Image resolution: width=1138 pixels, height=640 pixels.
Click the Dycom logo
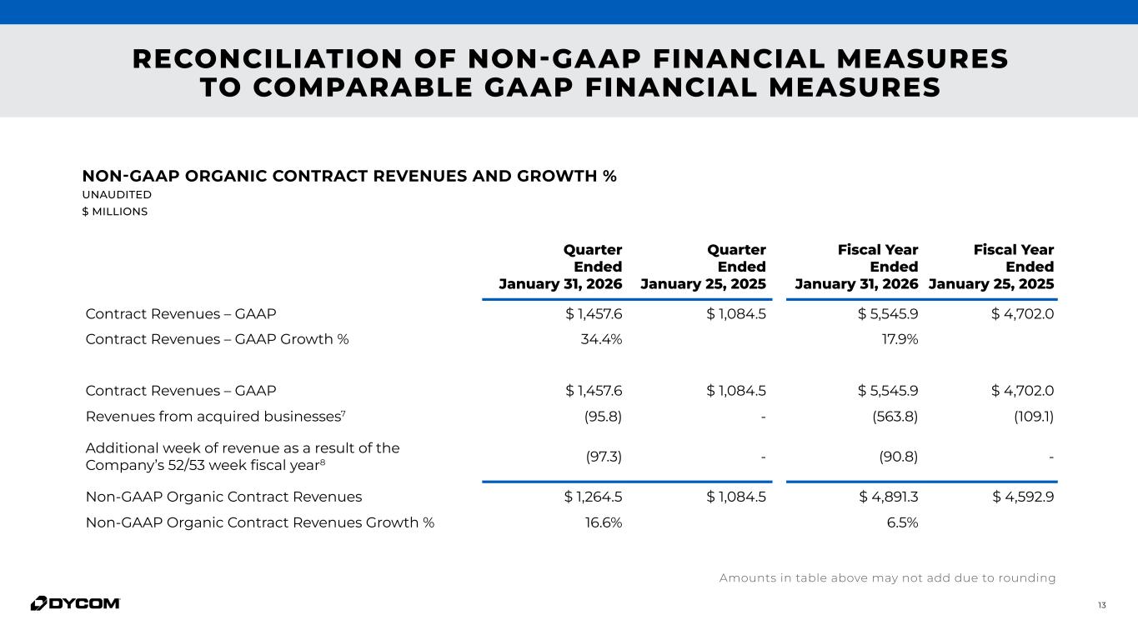(x=75, y=603)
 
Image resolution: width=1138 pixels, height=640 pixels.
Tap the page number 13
(x=1101, y=605)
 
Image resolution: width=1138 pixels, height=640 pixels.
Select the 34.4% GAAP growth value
(x=601, y=339)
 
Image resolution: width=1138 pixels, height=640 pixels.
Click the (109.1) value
(x=1034, y=416)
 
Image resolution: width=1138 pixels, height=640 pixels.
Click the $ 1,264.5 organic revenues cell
(x=594, y=497)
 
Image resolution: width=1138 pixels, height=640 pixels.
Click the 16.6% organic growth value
(x=602, y=523)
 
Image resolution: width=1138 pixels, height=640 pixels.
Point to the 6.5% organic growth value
(x=902, y=523)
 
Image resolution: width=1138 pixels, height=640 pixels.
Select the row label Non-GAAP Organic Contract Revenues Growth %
(x=259, y=523)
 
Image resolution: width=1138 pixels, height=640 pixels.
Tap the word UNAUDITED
(x=117, y=195)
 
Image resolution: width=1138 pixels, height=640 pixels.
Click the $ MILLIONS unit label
(x=114, y=212)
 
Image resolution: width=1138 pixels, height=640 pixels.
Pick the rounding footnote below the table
(x=887, y=578)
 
